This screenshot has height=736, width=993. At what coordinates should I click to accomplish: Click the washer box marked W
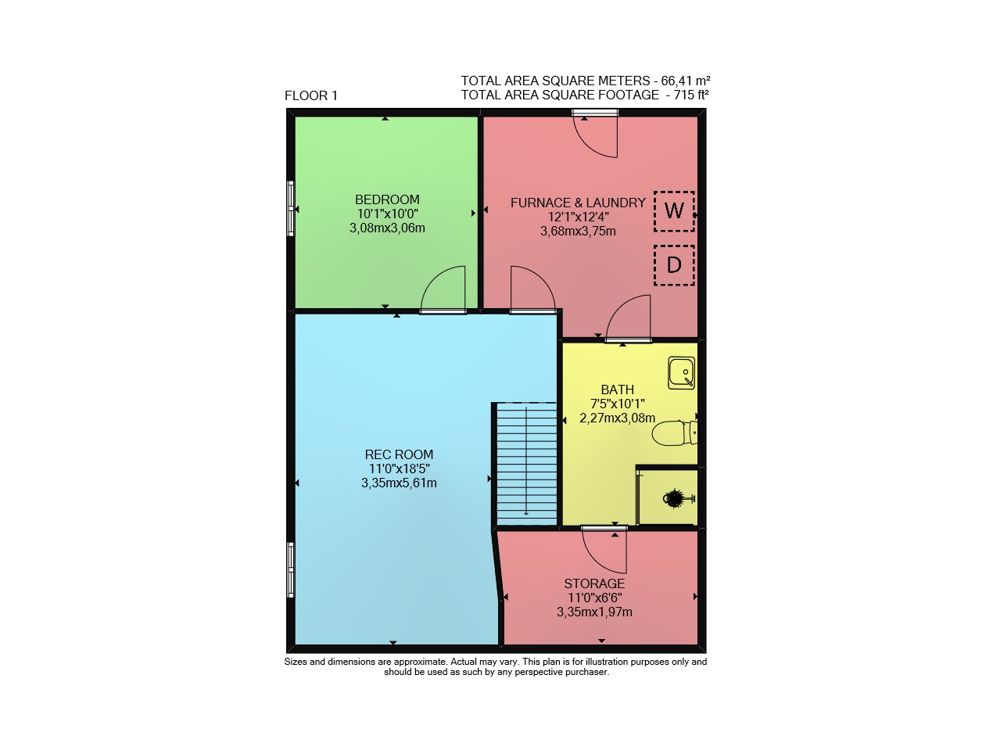(x=674, y=211)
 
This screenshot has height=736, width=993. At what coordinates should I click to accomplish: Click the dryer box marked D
(x=674, y=265)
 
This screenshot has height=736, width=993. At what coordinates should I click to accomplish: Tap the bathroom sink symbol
(x=681, y=373)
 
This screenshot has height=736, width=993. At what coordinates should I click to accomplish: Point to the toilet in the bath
(x=674, y=433)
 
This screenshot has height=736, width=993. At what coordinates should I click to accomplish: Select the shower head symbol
(x=678, y=498)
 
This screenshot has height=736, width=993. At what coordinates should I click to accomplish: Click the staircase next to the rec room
(x=526, y=464)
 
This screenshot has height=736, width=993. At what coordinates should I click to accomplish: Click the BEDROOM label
(x=387, y=199)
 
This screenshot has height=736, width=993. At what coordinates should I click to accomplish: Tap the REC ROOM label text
(x=399, y=454)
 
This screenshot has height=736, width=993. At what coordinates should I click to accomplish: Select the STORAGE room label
(x=594, y=583)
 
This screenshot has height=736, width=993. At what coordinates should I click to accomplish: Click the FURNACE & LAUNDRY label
(x=578, y=203)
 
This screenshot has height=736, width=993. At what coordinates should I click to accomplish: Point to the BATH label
(x=618, y=390)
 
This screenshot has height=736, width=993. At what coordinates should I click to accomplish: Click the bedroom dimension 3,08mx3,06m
(x=387, y=228)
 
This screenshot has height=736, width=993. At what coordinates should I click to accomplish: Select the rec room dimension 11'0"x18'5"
(x=399, y=469)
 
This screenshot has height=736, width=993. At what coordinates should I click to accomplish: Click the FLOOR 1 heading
(x=310, y=96)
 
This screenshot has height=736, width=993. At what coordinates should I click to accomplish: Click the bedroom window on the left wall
(x=291, y=208)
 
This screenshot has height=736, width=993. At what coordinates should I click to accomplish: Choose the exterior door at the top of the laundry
(x=595, y=113)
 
